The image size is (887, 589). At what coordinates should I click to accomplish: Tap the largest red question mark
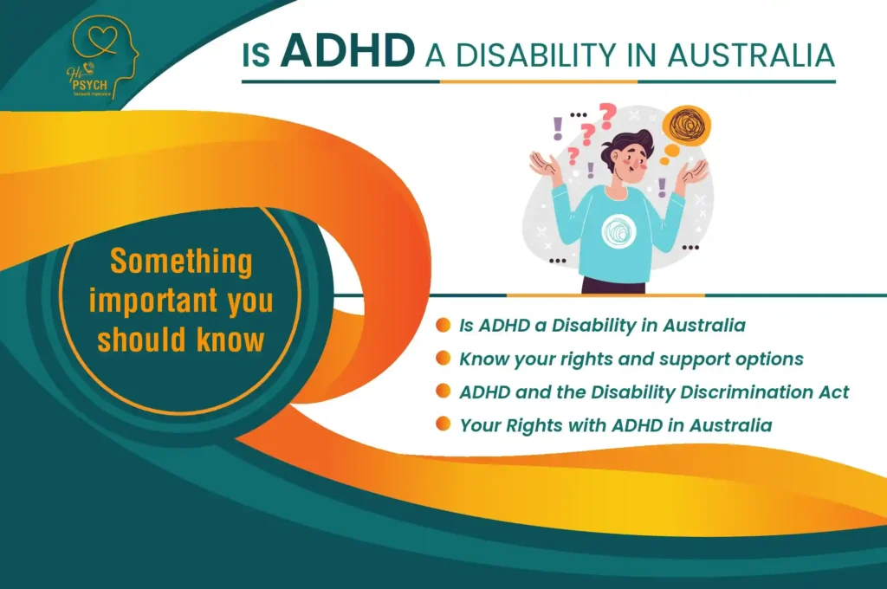pyautogui.click(x=607, y=113)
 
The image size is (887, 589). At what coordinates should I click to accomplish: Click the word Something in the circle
pyautogui.click(x=180, y=261)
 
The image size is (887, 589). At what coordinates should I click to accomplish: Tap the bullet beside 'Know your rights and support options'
pyautogui.click(x=443, y=358)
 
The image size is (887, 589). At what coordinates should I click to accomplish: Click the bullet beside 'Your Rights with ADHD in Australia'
pyautogui.click(x=443, y=424)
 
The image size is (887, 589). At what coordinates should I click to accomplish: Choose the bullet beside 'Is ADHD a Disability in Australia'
pyautogui.click(x=443, y=326)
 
